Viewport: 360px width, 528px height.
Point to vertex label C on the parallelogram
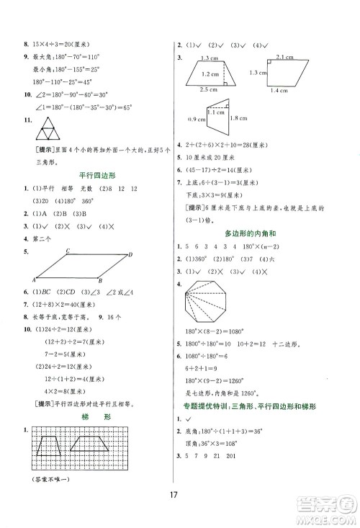[x=67, y=251]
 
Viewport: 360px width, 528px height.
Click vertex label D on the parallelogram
[x=130, y=254]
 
